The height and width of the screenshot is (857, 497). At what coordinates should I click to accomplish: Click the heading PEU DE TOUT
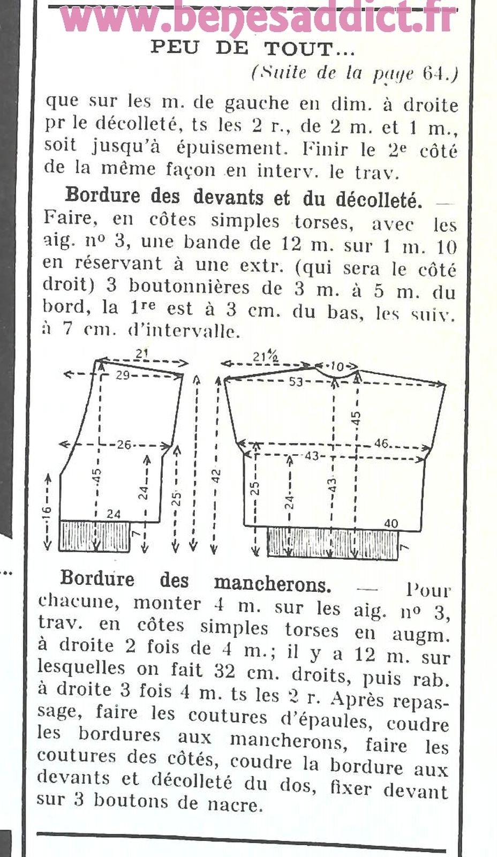click(x=253, y=48)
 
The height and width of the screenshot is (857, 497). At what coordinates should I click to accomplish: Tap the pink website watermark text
click(x=258, y=19)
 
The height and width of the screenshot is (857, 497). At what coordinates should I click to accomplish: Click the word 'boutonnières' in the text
click(x=189, y=287)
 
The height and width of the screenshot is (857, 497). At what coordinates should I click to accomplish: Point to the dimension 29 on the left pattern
click(x=123, y=375)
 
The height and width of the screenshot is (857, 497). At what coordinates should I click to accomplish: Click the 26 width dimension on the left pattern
click(x=124, y=445)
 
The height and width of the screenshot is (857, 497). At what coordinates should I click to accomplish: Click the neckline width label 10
click(x=336, y=366)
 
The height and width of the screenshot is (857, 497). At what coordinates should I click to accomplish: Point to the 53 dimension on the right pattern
click(x=296, y=382)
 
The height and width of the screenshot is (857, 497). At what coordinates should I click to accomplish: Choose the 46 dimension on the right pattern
click(x=381, y=443)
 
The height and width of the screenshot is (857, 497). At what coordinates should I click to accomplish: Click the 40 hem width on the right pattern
click(x=391, y=523)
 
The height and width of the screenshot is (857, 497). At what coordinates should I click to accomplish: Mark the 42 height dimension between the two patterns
click(x=216, y=476)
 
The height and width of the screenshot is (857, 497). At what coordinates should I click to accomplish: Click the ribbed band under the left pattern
click(x=95, y=536)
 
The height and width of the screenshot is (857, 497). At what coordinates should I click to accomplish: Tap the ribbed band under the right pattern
click(x=332, y=543)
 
